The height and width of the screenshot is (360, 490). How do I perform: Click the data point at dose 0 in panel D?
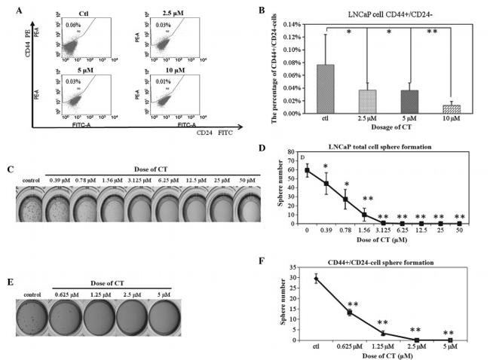coord(307,170)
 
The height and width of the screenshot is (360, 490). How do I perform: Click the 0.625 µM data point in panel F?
coord(351,312)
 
